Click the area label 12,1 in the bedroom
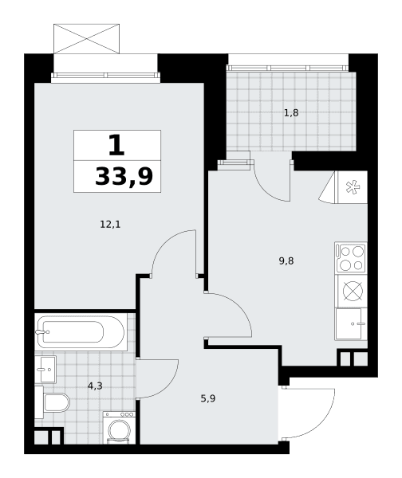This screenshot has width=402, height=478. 110,225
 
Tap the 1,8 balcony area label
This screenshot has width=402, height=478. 291,113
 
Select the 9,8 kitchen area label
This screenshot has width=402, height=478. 286,261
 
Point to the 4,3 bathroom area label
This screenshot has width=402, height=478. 95,386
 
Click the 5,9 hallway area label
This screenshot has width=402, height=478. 208,398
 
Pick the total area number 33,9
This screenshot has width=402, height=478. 124,177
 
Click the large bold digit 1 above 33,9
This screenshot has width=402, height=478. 116,145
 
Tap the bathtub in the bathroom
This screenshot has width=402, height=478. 81,332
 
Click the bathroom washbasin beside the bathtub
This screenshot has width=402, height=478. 45,370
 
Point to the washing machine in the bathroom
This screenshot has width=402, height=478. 119,428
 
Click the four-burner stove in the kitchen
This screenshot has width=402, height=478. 351,257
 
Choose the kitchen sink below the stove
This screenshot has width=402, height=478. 351,324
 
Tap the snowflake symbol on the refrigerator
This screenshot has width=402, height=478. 353,187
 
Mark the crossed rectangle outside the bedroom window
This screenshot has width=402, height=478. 86,39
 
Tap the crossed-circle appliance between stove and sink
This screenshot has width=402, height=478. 353,291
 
